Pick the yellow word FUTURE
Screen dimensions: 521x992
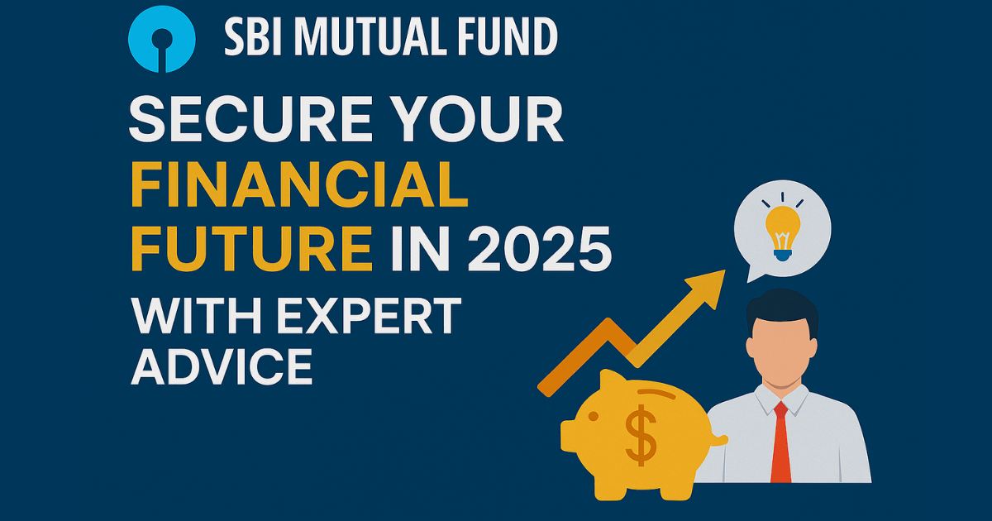[250, 251]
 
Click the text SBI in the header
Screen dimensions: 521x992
[250, 36]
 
